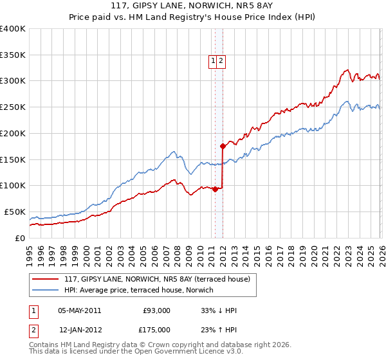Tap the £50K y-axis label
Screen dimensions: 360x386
coord(15,212)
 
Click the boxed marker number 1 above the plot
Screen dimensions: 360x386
coord(213,61)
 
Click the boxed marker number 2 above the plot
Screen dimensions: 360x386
coord(221,61)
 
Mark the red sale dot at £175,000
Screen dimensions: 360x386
coord(223,146)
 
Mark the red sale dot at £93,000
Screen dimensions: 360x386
coord(215,189)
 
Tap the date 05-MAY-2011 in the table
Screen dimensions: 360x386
coord(79,310)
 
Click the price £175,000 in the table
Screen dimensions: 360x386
coord(156,330)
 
